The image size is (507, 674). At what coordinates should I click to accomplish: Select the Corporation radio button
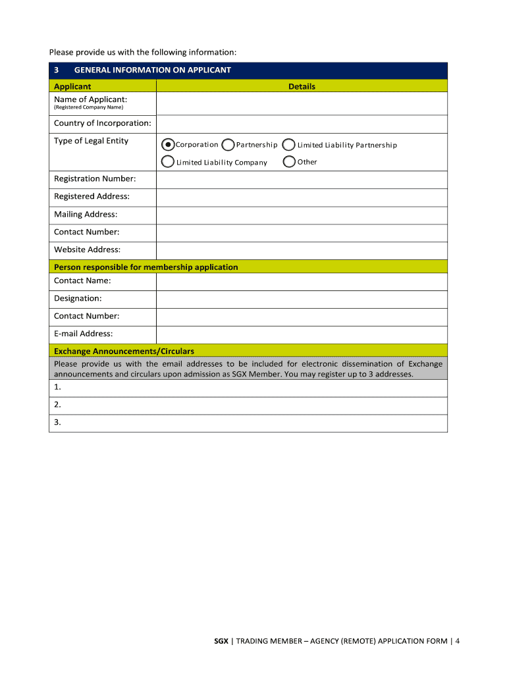(x=168, y=145)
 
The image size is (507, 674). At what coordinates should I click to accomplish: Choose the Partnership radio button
(x=228, y=145)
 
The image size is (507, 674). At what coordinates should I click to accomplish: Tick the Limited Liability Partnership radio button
(x=288, y=145)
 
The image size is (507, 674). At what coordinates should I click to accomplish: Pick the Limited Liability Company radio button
(x=168, y=162)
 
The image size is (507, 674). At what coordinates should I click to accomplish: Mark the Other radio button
(x=288, y=162)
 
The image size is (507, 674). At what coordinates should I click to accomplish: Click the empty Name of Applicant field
(x=302, y=103)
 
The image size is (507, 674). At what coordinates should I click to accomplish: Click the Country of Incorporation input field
(x=302, y=124)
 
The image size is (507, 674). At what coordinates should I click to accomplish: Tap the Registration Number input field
(x=302, y=180)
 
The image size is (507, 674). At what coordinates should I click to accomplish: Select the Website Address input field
(x=302, y=250)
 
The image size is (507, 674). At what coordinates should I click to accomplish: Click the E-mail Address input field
(x=302, y=334)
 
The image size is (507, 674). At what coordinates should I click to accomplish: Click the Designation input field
(x=302, y=299)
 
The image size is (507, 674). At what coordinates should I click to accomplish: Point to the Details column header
(x=302, y=86)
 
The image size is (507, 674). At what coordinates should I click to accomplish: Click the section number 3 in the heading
(x=57, y=70)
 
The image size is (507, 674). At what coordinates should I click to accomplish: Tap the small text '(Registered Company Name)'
(x=88, y=107)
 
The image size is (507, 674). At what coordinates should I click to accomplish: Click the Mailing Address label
(x=86, y=215)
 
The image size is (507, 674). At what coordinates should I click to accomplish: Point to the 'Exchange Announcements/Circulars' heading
(x=124, y=351)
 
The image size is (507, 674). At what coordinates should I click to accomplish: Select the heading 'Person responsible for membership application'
(x=146, y=267)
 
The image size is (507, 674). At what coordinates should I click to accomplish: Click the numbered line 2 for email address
(x=248, y=405)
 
